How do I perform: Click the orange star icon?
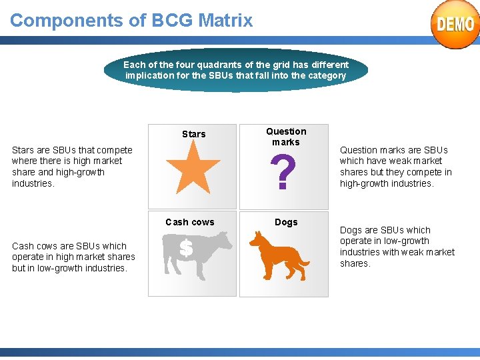point(193,169)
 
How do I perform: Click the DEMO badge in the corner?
point(455,24)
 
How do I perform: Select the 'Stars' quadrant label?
point(194,134)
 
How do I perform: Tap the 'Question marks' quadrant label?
point(286,137)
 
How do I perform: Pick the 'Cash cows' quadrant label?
point(190,222)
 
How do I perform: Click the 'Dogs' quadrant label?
point(286,222)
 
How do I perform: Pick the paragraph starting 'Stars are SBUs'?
point(72,167)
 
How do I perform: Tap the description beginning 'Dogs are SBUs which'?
point(397,247)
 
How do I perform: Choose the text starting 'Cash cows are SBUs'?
point(73,257)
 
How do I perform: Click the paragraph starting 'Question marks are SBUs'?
point(395,167)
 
